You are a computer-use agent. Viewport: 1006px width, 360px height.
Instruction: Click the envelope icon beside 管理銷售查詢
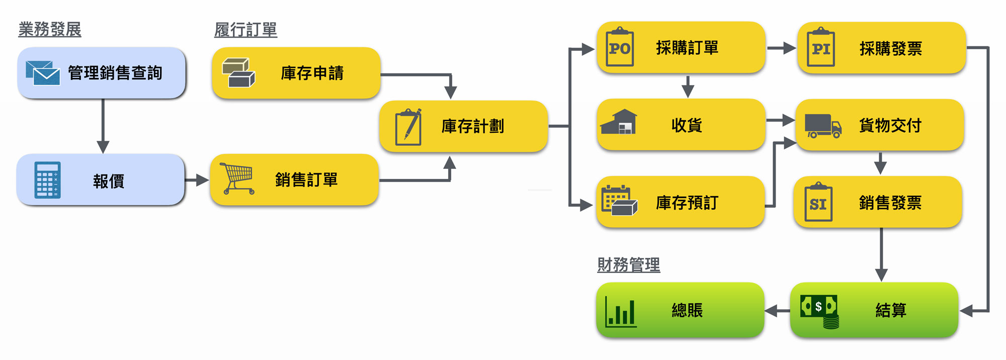coord(43,73)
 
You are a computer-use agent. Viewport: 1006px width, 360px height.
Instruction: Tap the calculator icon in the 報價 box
coord(48,179)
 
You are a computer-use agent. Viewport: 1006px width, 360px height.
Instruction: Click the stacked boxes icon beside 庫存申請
coord(238,73)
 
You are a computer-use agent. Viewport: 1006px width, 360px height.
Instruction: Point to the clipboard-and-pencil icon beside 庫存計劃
coord(408,127)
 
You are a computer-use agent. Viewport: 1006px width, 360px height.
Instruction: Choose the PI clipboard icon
coord(820,48)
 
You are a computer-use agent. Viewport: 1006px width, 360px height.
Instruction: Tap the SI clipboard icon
coord(818,203)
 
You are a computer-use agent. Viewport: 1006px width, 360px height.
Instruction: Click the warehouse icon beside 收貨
coord(619,123)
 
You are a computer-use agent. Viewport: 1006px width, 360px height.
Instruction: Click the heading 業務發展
coord(50,30)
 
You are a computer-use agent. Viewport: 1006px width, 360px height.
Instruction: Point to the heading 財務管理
coord(628,265)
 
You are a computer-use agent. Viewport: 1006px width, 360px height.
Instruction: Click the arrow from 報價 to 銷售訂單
coord(197,180)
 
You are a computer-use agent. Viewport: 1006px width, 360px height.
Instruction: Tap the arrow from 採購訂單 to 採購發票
coord(781,48)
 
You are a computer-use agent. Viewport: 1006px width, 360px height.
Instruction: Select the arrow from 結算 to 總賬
coord(777,311)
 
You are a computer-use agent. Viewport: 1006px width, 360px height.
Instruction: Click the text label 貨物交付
coord(890,125)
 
